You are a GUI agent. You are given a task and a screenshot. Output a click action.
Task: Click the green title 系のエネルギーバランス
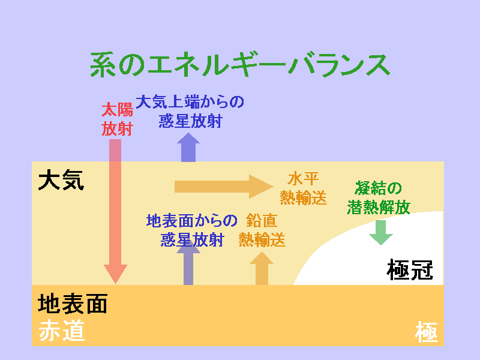(x=240, y=65)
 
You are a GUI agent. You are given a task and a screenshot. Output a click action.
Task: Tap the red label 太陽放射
(x=117, y=119)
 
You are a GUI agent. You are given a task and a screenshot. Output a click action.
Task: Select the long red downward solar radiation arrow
(x=115, y=212)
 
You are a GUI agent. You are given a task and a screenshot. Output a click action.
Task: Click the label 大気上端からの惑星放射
(x=190, y=112)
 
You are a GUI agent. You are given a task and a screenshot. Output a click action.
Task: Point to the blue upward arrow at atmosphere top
(x=188, y=147)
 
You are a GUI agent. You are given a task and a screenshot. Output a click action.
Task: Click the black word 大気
(x=61, y=181)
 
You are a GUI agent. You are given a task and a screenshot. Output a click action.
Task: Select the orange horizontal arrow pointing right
(x=224, y=187)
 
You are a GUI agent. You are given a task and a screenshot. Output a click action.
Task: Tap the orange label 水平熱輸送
(x=304, y=188)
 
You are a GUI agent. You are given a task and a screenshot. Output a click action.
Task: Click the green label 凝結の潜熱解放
(x=379, y=198)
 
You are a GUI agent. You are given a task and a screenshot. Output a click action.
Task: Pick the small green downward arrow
(x=381, y=233)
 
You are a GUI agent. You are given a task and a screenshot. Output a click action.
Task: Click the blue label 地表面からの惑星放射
(x=192, y=230)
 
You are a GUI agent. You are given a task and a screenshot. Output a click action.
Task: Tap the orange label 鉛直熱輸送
(x=262, y=230)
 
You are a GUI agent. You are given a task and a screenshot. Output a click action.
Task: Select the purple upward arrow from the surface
(x=188, y=263)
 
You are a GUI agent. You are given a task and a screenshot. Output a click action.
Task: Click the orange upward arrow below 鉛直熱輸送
(x=262, y=268)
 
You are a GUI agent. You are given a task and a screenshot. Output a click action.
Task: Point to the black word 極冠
(x=410, y=269)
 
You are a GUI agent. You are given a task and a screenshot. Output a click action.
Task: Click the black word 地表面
(x=73, y=304)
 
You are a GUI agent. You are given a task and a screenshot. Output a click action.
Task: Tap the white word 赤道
(x=62, y=331)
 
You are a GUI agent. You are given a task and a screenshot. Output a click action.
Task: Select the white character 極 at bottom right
(x=426, y=332)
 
